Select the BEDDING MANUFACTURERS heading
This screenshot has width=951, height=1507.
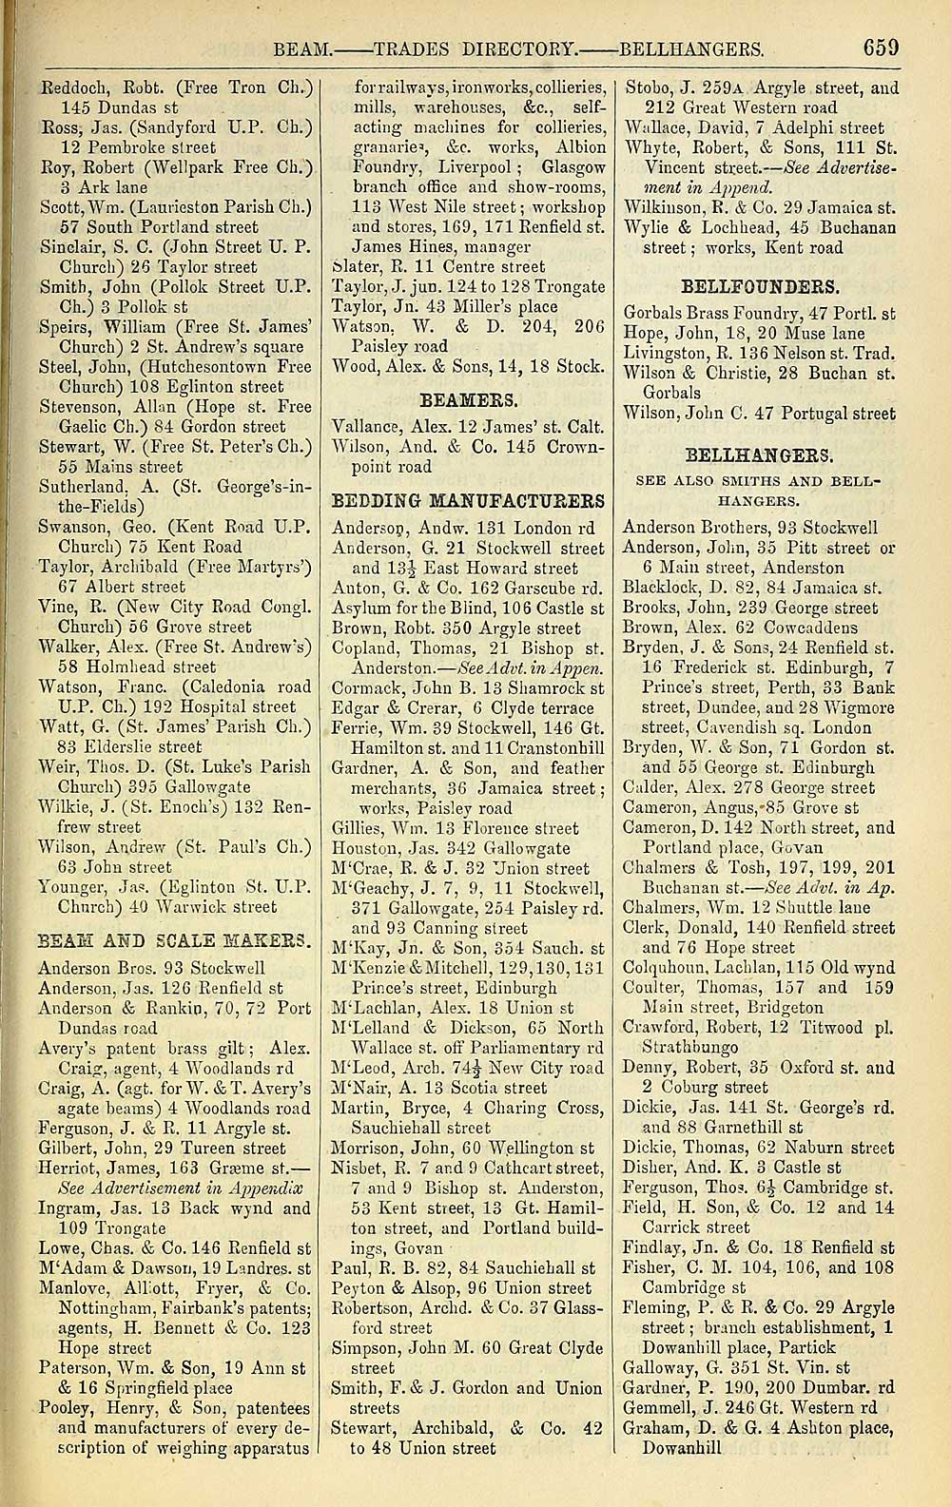[x=468, y=500]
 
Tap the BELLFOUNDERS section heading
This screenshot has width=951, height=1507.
[x=759, y=284]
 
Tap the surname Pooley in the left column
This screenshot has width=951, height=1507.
[x=66, y=1408]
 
